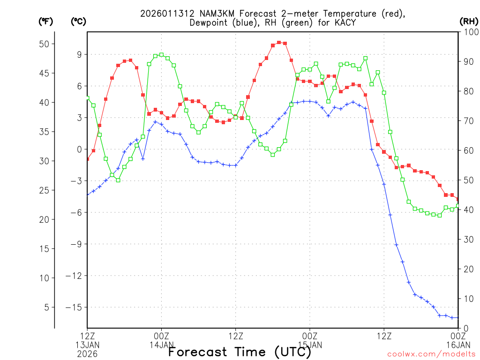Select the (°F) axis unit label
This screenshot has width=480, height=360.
click(45, 21)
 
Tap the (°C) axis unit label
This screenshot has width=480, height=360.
click(78, 21)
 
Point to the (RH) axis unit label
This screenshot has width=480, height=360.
click(468, 21)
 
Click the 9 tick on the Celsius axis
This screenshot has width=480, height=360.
click(79, 54)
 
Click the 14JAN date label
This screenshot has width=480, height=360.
click(162, 345)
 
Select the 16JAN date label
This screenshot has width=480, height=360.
click(458, 345)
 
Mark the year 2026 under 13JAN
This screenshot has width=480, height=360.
click(87, 354)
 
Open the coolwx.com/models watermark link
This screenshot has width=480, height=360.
click(431, 354)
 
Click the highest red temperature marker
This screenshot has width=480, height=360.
click(279, 42)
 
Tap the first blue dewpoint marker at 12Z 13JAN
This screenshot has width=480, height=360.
click(87, 194)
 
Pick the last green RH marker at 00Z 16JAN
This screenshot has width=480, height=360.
click(458, 206)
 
